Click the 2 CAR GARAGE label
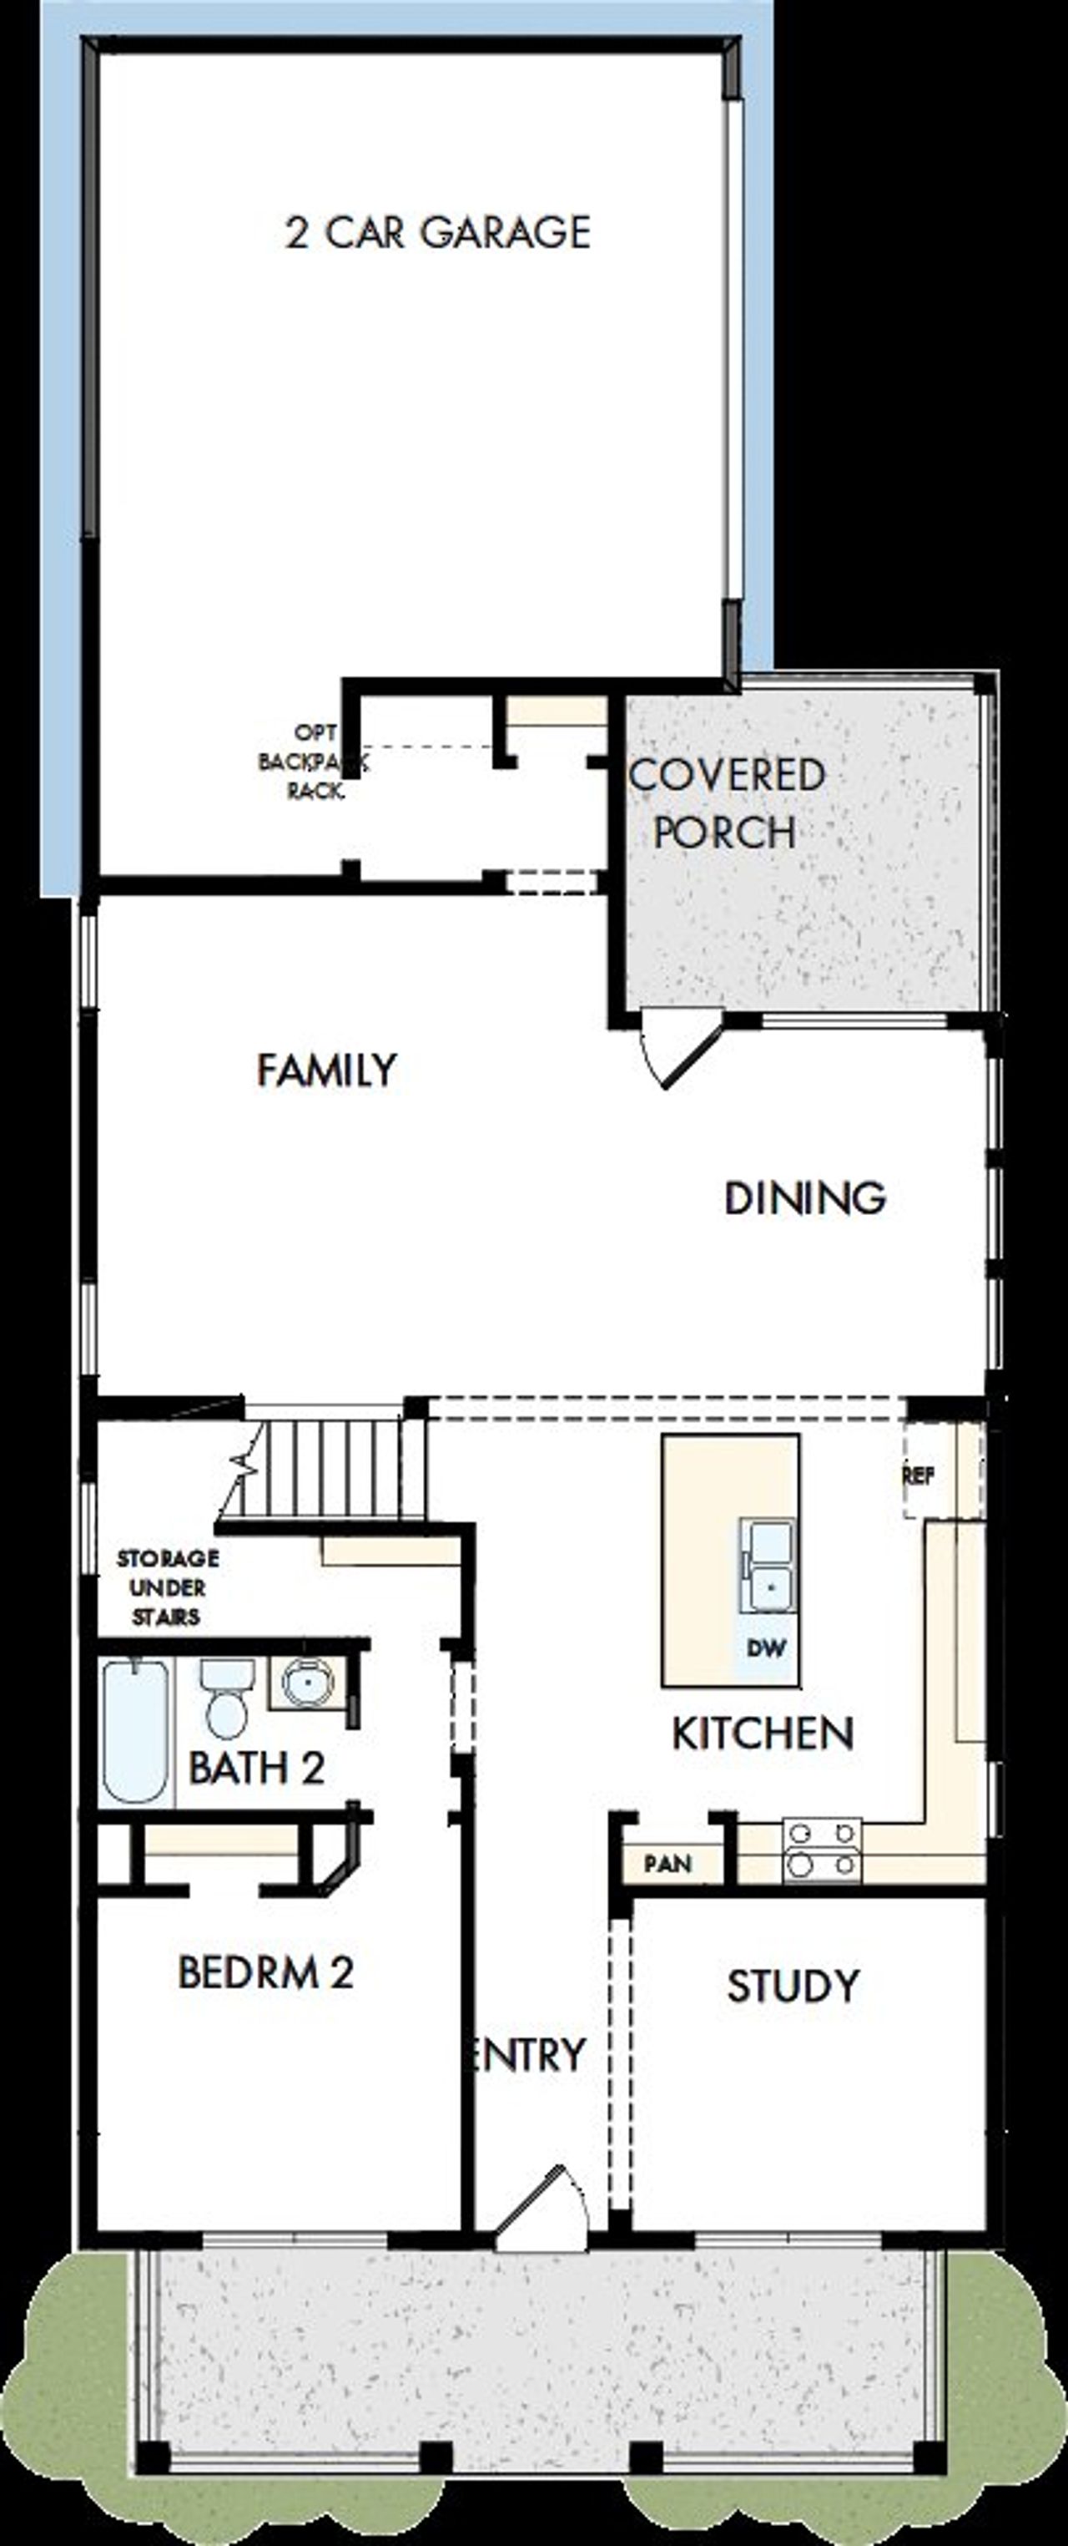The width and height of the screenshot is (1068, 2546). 438,232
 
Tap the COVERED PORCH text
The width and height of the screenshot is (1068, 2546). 726,802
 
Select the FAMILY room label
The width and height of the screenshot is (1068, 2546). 326,1070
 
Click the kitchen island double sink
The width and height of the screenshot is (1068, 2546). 768,1565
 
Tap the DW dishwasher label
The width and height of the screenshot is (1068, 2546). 766,1647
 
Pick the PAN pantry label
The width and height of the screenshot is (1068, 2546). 667,1864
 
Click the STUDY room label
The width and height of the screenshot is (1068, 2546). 793,1986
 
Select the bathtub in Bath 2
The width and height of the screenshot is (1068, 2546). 136,1732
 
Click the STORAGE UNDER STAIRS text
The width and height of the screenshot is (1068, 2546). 167,1587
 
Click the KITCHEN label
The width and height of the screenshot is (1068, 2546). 763,1734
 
